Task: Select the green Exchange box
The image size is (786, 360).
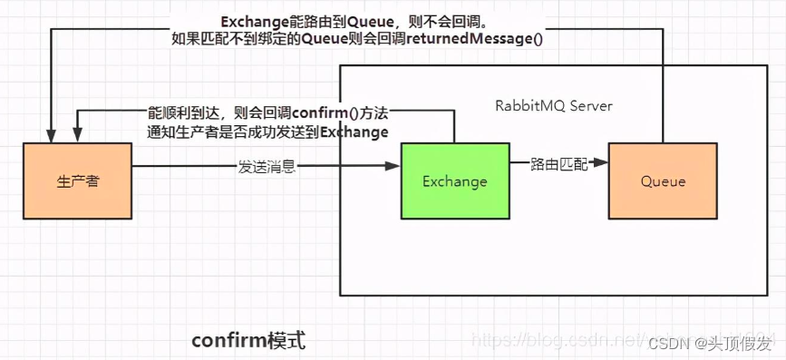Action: point(455,181)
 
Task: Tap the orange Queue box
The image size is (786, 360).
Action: point(663,181)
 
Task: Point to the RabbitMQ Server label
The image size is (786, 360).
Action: point(553,106)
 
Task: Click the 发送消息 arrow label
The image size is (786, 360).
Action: point(267,167)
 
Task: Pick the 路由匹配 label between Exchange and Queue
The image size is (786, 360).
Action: point(558,164)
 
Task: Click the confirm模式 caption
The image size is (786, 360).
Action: point(248,340)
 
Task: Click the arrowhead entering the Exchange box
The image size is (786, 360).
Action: point(394,167)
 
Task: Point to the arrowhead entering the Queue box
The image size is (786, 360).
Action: point(602,164)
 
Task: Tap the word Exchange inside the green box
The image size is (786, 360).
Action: point(455,181)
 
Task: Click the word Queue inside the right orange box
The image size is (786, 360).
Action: point(663,181)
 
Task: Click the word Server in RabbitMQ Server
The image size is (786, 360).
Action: point(591,106)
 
